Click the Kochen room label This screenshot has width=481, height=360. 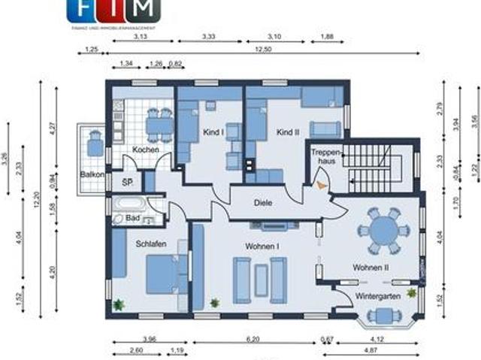click(x=145, y=150)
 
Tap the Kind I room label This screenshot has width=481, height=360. click(x=213, y=132)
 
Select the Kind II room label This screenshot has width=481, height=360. click(x=288, y=132)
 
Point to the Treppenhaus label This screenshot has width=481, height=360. click(x=325, y=156)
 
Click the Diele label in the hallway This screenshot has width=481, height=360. click(x=262, y=202)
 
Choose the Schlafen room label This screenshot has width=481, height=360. click(x=151, y=244)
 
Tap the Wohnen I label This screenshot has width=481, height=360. click(x=262, y=246)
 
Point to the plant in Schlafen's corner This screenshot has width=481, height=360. click(x=119, y=304)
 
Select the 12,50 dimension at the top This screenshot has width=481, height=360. click(x=262, y=50)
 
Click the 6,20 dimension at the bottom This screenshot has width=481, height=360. click(x=253, y=339)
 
